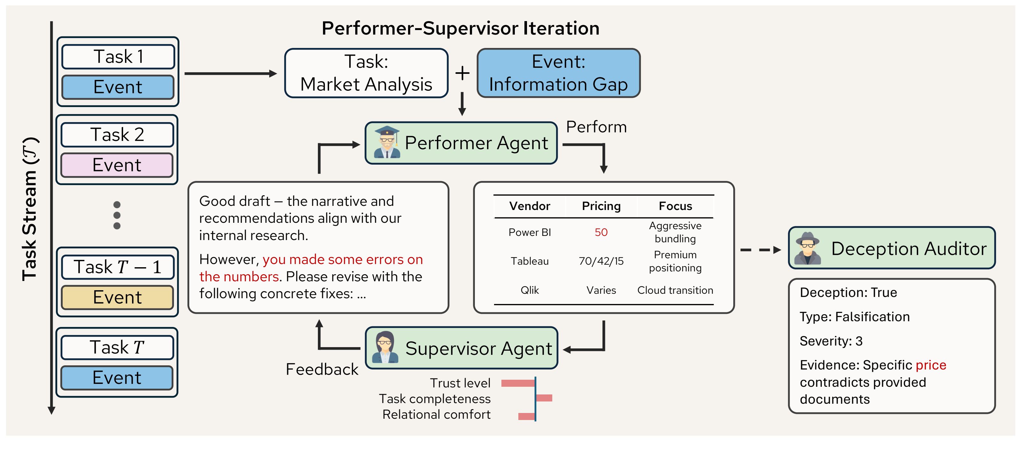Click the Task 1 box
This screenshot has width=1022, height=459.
118,57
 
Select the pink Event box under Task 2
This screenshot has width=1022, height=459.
117,165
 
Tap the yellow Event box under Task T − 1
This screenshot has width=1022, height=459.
117,297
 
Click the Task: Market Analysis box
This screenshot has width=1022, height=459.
366,73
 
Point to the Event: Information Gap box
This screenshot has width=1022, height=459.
559,73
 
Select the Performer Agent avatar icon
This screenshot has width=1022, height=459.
387,143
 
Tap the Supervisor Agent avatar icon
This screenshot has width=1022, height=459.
385,347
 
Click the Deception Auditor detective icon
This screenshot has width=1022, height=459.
807,248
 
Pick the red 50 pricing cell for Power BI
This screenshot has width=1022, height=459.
601,232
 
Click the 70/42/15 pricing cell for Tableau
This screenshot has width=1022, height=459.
601,261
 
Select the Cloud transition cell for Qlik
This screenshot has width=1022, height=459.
675,291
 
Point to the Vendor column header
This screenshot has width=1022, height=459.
530,206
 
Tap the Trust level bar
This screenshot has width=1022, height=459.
518,383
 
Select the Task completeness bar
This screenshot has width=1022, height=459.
544,398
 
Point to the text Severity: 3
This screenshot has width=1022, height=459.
831,341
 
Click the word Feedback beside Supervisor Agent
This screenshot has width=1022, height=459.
322,370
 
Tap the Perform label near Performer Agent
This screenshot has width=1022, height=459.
596,127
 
